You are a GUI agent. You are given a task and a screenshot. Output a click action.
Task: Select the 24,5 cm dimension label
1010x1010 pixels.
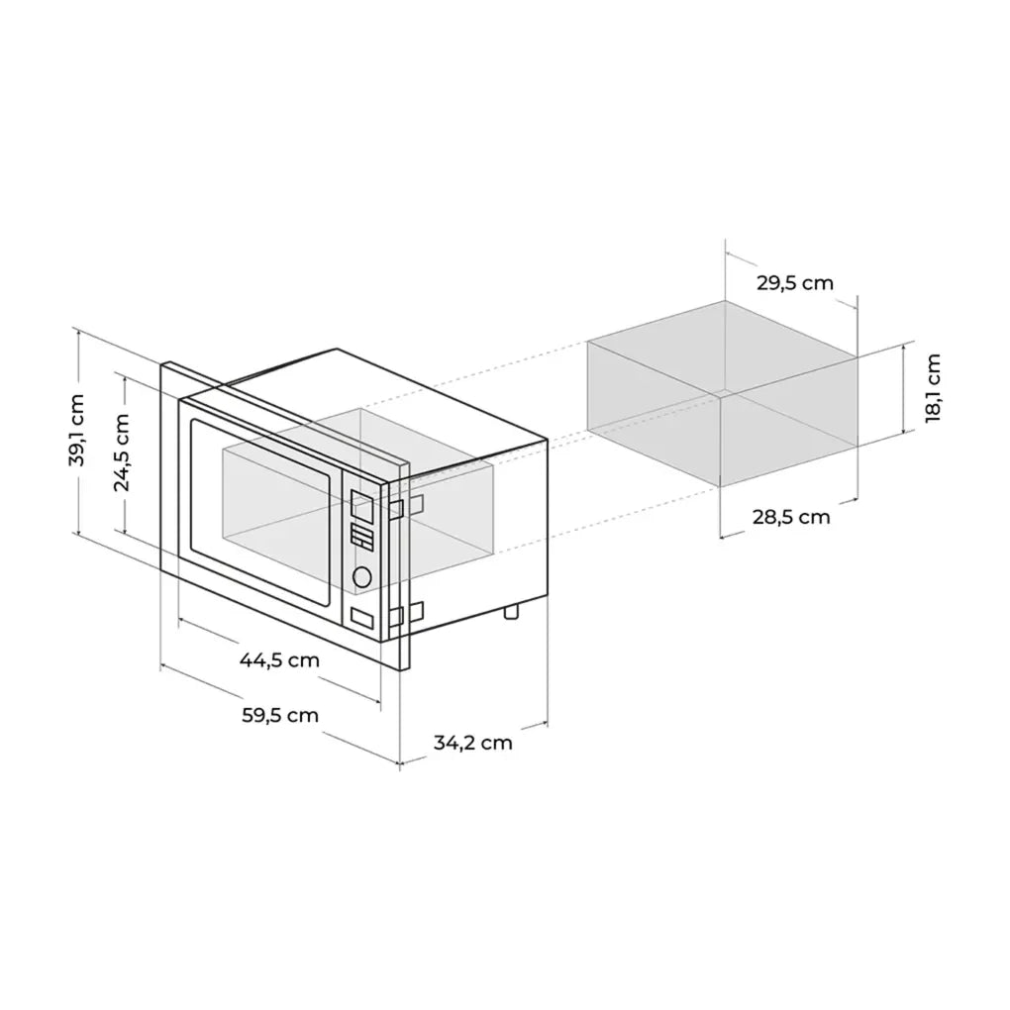122,452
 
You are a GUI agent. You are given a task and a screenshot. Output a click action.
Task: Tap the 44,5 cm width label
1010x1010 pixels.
279,659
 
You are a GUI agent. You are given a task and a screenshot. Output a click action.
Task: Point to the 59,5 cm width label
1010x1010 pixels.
279,714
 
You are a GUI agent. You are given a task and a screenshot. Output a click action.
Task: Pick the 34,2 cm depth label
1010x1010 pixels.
473,742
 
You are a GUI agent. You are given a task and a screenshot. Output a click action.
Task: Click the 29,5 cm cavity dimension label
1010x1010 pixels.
794,283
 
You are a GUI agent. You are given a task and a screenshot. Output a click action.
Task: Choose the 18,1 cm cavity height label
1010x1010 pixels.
932,389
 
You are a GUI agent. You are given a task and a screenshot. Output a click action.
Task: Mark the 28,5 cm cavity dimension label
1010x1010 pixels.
790,517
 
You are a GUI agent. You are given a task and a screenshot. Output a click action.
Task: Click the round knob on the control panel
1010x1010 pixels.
361,576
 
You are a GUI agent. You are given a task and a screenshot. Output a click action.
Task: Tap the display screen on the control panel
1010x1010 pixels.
361,508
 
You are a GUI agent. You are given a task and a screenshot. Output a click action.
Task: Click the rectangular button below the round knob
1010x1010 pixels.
362,618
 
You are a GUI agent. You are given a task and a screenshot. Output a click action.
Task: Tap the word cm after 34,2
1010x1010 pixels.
497,742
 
